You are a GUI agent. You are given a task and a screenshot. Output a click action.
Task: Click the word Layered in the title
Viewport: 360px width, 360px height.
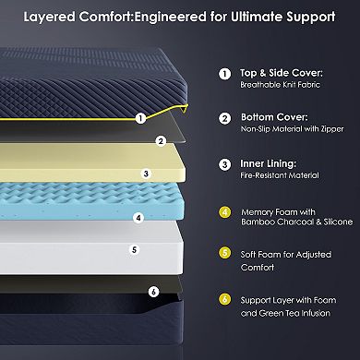click(x=54, y=16)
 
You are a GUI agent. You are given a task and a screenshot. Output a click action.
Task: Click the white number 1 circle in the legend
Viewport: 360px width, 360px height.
click(x=224, y=74)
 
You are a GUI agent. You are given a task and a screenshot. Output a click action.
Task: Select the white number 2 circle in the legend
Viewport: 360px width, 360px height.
click(x=224, y=119)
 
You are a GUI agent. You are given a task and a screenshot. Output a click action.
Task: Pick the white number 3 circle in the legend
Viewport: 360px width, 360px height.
click(x=224, y=164)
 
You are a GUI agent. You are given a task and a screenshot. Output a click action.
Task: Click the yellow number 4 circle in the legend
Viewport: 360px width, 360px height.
click(x=224, y=210)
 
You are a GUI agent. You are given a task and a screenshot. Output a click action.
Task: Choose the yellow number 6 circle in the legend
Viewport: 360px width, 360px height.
click(x=224, y=299)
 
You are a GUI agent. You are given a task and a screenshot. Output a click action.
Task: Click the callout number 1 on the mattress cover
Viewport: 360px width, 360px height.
click(x=140, y=118)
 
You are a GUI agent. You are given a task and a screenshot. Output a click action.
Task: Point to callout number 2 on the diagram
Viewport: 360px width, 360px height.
click(x=161, y=141)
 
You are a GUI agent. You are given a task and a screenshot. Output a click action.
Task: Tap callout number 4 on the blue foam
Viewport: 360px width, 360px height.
click(x=138, y=219)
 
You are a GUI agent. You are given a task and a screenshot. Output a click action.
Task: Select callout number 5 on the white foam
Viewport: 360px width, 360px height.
click(x=135, y=248)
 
